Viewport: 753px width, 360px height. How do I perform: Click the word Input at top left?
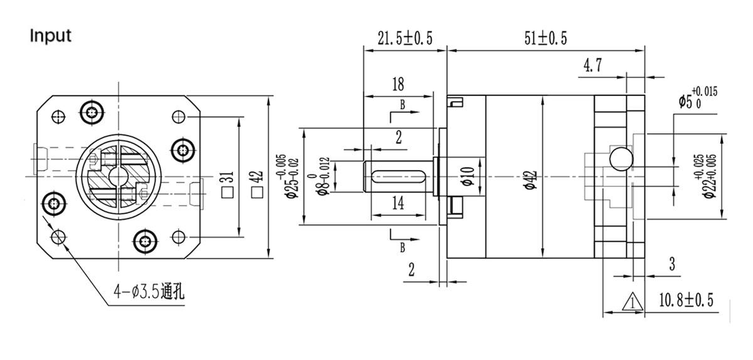[x=51, y=36]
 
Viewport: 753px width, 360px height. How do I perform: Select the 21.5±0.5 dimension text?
[x=405, y=39]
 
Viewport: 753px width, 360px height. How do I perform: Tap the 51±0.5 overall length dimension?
[x=545, y=39]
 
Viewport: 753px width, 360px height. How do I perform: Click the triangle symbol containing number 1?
[x=631, y=302]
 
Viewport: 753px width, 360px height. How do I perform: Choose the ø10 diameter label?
[x=466, y=177]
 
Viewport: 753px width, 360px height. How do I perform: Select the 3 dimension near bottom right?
[x=671, y=264]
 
